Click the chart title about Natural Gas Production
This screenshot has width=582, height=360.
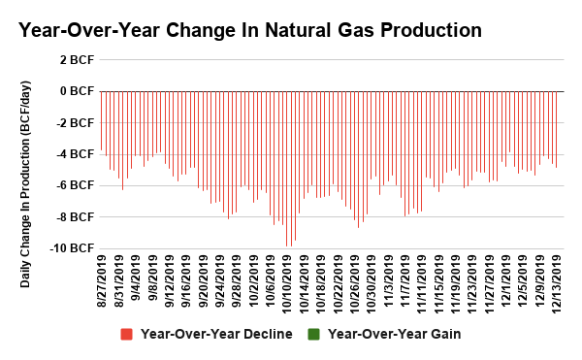[250, 30]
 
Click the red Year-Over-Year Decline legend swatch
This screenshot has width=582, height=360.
[126, 335]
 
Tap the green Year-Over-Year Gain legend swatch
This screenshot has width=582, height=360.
[313, 335]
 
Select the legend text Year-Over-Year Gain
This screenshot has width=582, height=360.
[395, 335]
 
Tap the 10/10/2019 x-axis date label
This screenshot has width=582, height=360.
[286, 281]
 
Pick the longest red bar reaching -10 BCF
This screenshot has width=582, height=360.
[286, 169]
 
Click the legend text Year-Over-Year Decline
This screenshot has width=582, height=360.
[216, 335]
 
